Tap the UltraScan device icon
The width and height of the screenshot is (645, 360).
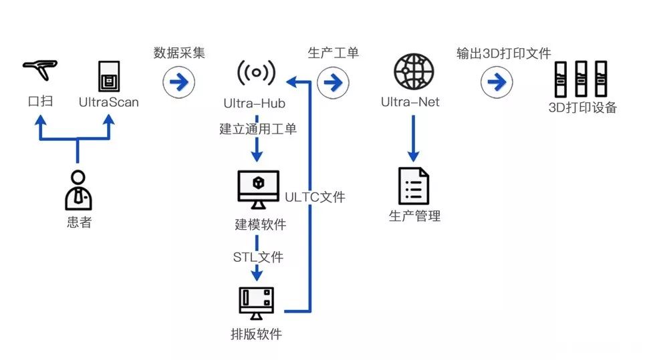coord(108,77)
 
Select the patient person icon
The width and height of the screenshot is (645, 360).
coord(78,190)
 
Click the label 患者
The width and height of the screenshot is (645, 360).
coord(79,222)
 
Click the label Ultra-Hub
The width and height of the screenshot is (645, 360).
coord(254,104)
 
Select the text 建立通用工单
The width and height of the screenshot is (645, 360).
coord(258,129)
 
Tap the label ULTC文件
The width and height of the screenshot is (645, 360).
coord(315,197)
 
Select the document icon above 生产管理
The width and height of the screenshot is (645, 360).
coord(414,186)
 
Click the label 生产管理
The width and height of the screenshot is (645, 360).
coord(414,216)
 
